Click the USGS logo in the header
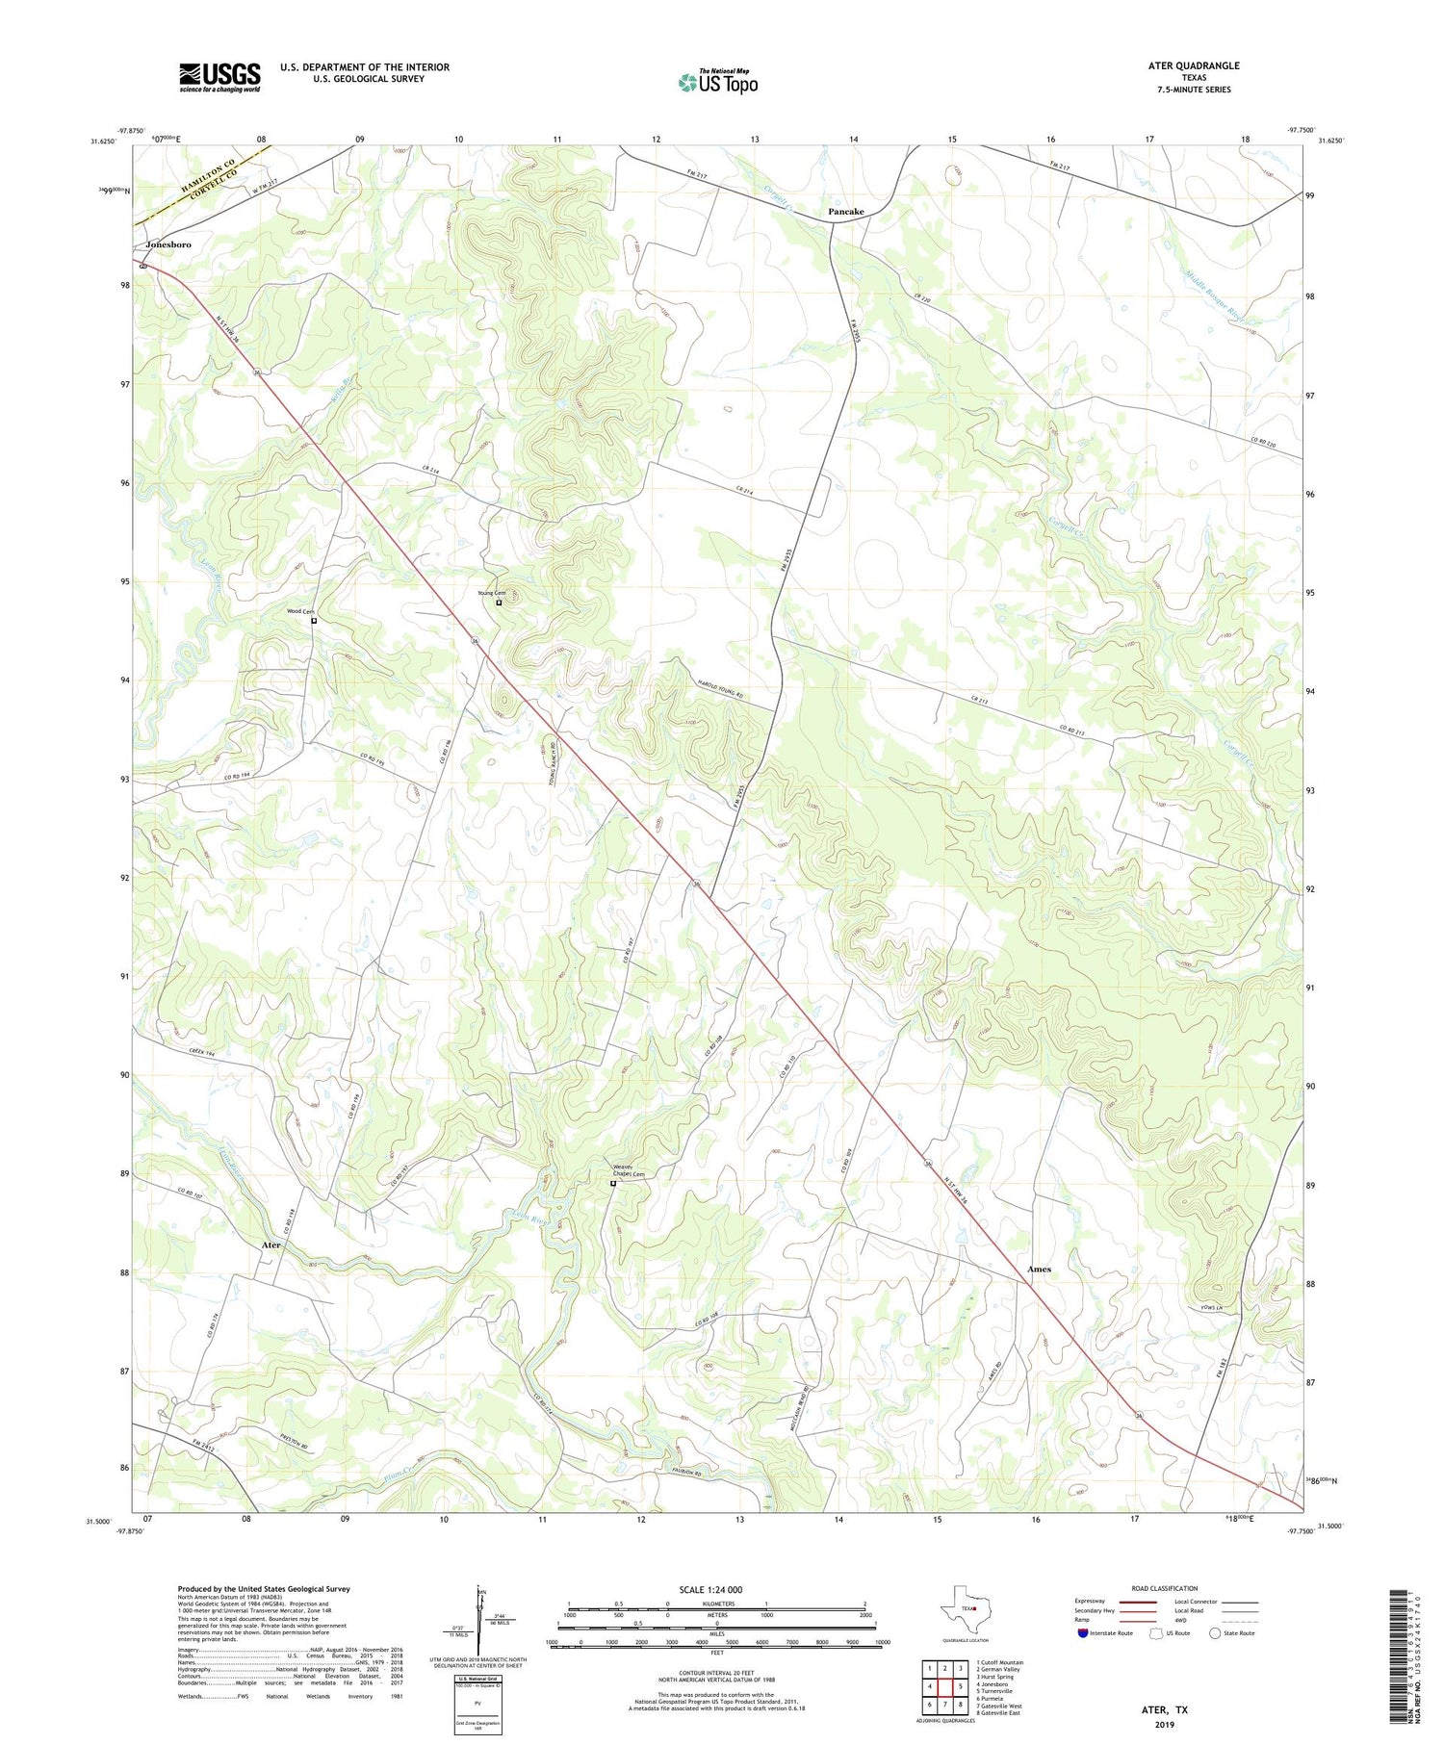click(219, 77)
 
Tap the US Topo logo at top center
click(717, 83)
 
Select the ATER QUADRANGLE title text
click(1194, 65)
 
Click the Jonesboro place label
click(168, 244)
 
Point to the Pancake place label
click(846, 212)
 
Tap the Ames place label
click(1039, 1269)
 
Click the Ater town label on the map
click(271, 1245)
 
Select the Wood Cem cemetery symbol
click(314, 621)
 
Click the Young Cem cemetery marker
click(499, 603)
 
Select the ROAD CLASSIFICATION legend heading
click(1165, 1588)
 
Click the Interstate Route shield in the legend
click(1083, 1633)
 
